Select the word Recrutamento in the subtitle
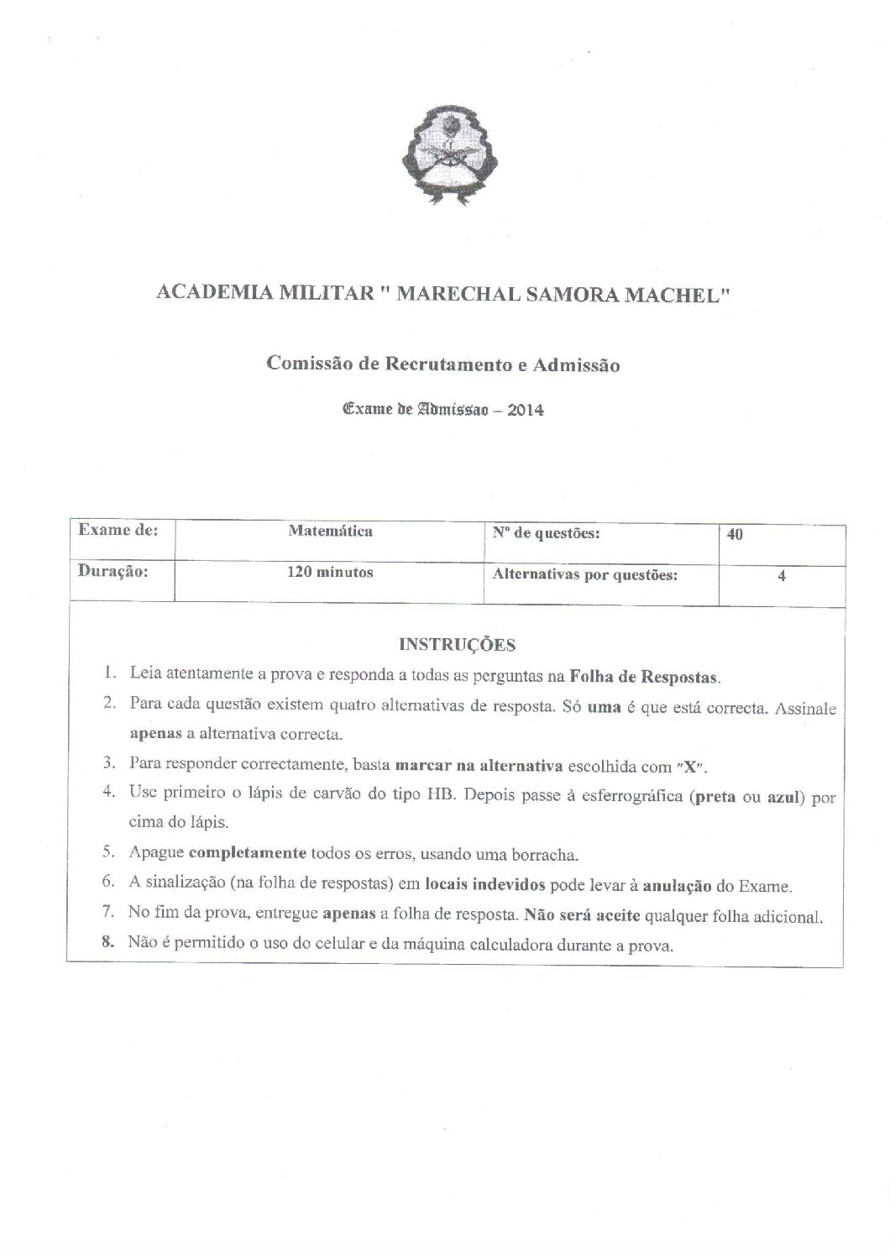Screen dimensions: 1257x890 click(441, 364)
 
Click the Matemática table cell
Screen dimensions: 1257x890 click(330, 531)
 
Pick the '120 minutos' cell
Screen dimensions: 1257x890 click(330, 573)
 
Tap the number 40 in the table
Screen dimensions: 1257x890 click(736, 535)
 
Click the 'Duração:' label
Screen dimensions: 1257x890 click(113, 572)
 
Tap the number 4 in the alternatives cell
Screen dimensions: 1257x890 click(782, 577)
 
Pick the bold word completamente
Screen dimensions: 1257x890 click(248, 854)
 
